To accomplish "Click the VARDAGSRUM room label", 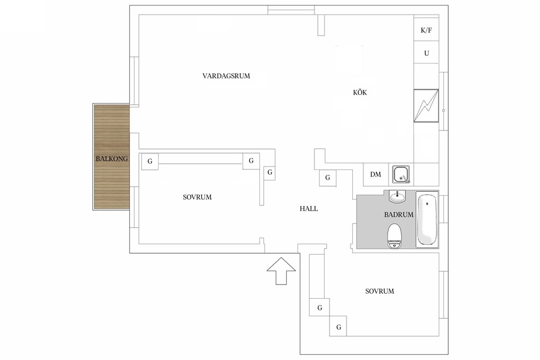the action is pos(226,76).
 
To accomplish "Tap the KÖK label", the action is pos(360,92).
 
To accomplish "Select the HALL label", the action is pos(309,209).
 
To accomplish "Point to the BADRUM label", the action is pos(398,215).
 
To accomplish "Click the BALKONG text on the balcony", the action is pos(111,159).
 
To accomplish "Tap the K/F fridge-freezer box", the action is pos(426,30).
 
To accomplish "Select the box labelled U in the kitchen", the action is pos(426,52).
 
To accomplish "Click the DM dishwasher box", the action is pos(376,174).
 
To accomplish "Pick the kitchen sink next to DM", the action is pos(401,174).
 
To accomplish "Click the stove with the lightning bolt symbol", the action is pos(426,105).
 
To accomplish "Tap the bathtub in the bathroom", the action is pos(427,219).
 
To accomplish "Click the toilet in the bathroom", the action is pos(394,236).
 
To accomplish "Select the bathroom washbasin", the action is pos(398,196).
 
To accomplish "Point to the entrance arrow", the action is pos(281,271).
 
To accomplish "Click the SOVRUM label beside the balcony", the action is pos(197,197).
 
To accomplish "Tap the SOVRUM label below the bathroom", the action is pos(380,291).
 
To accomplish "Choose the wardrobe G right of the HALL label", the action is pos(327,178).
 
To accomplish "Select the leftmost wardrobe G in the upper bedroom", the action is pos(150,161).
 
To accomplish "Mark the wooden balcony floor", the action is pos(111,157).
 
